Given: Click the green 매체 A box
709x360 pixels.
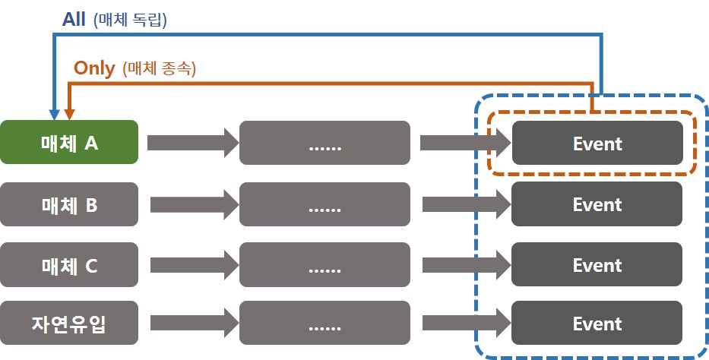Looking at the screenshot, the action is coord(69,142).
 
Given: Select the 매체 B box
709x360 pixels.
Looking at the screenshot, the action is coord(69,204).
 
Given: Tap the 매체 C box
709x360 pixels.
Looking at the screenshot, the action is coord(69,265).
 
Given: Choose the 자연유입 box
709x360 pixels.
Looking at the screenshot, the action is coord(69,323).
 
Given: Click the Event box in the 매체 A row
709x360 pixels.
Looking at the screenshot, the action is coord(597,143).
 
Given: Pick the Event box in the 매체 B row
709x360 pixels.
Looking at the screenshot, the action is coord(597,204).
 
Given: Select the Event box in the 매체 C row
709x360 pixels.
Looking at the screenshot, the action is coord(597,264).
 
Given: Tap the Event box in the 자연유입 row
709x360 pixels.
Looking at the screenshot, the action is coord(597,323).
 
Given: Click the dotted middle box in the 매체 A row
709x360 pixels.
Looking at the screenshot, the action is coord(324,143).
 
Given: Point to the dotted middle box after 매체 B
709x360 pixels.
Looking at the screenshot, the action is coord(324,204).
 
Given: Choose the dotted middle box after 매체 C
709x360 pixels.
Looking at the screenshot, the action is coord(324,265).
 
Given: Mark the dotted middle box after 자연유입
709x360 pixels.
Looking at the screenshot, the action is coord(324,324).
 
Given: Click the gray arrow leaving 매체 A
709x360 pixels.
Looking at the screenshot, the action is coord(193,143).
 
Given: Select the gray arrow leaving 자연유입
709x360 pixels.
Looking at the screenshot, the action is coord(195,323).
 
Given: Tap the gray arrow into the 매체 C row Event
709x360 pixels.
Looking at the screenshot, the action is coord(467,265).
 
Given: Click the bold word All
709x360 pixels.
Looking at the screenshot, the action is coord(74,20).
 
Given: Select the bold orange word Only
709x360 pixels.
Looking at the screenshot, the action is coord(94,68).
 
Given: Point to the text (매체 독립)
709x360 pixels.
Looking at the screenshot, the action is coord(130,21).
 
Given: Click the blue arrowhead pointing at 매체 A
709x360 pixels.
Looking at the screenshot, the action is coord(55,115).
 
